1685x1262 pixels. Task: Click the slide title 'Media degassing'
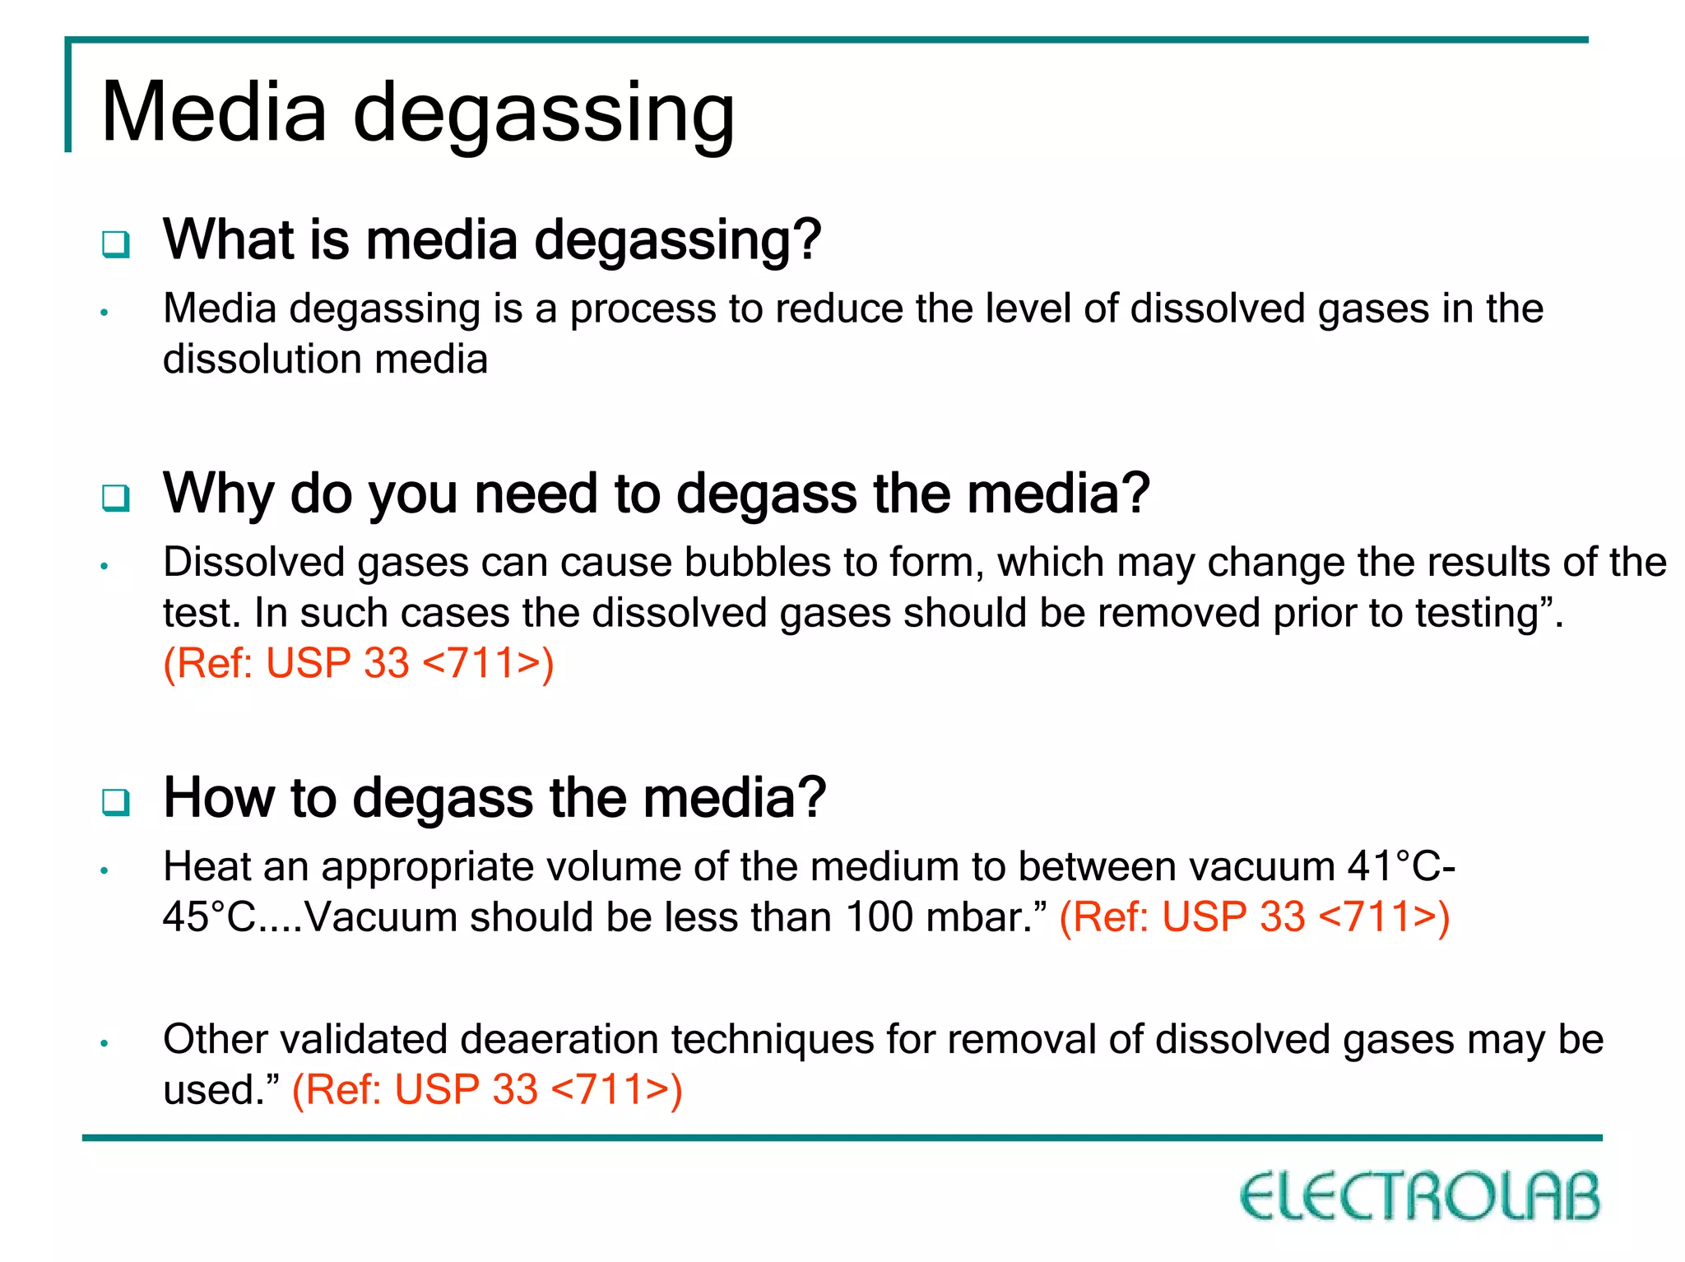[418, 112]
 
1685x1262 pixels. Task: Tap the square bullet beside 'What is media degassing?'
[116, 244]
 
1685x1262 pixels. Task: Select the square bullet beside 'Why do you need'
[116, 497]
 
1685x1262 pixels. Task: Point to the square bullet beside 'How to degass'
[116, 801]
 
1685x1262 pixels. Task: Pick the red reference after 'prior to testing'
[359, 663]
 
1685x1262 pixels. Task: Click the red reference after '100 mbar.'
[1254, 916]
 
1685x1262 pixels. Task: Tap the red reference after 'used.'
[487, 1089]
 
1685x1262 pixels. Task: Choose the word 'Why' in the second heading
[218, 494]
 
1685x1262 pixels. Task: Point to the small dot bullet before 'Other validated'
[104, 1043]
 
